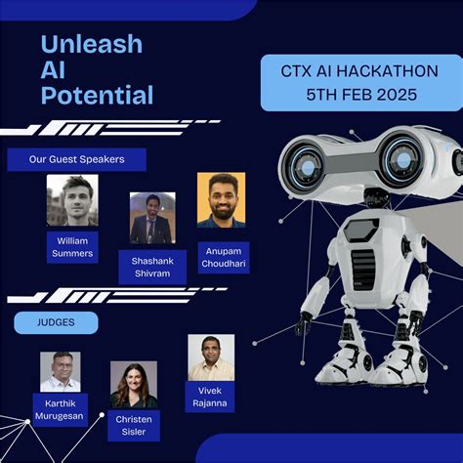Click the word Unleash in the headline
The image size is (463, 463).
tap(92, 44)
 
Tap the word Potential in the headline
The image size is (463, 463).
tap(97, 95)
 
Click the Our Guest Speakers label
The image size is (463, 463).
tap(76, 159)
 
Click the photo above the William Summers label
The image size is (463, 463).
tap(71, 200)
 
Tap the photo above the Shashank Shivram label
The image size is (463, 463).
tap(152, 218)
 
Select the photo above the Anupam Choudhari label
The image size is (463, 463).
tap(221, 200)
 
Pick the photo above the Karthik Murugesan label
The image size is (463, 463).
tap(61, 371)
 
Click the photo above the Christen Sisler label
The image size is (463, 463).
tap(134, 385)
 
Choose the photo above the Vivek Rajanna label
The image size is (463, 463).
tap(211, 357)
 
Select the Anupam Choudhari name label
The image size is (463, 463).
tap(223, 257)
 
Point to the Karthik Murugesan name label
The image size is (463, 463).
tap(61, 409)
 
